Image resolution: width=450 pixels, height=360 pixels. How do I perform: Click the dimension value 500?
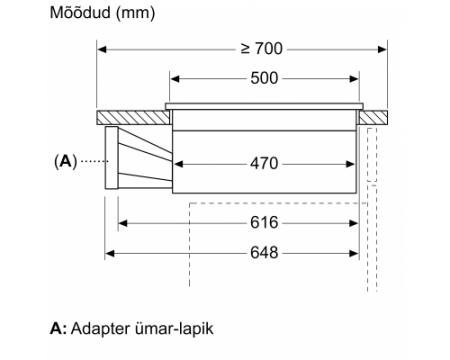264,78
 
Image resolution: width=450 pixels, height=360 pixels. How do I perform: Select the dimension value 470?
264,164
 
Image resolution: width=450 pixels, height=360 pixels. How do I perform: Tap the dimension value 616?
264,222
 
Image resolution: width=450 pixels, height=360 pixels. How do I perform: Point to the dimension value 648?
264,253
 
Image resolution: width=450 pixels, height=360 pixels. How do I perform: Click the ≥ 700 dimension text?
262,49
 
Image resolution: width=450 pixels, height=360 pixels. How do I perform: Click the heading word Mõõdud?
80,13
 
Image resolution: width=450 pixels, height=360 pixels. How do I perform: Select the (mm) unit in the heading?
135,14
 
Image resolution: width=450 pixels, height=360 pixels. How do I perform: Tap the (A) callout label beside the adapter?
66,162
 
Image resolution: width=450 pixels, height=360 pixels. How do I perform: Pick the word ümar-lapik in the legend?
174,328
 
